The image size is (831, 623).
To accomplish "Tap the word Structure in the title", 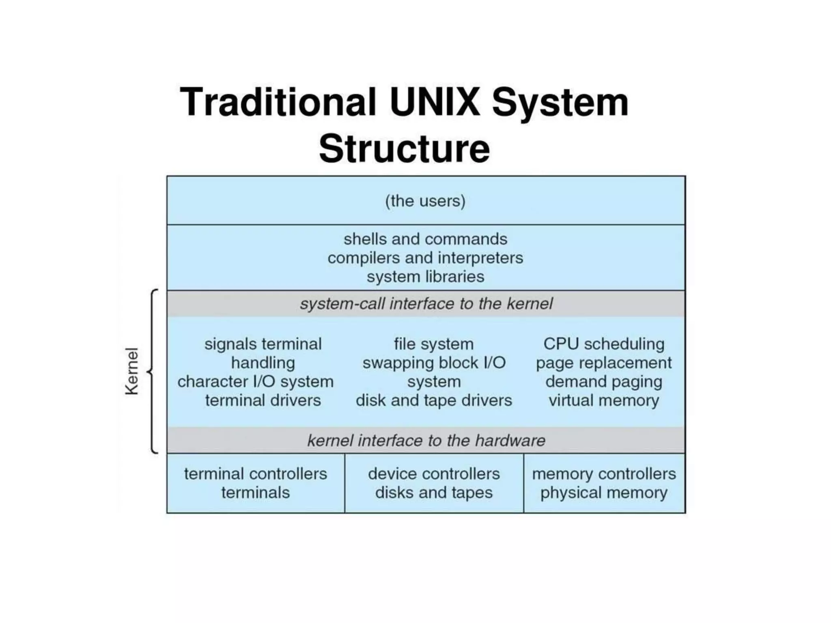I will point(404,148).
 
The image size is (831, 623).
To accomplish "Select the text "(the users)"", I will point(425,201).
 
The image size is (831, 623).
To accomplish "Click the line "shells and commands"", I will point(425,239).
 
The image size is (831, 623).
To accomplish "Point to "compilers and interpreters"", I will point(425,258).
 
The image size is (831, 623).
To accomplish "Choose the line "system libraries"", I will point(425,277).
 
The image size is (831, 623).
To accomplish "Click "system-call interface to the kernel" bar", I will point(426,304).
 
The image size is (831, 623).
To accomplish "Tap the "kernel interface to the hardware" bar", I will point(426,440).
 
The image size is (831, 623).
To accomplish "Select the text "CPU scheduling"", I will point(604,344).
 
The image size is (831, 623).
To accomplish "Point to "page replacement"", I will point(604,363).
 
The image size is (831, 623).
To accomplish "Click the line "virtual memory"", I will point(604,401).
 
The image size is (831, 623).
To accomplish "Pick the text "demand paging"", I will point(604,382).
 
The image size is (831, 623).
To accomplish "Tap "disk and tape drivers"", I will point(434,401).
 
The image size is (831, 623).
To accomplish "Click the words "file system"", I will point(434,344).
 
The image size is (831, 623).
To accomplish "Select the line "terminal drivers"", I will point(263,401).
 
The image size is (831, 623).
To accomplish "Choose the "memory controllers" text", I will point(604,474).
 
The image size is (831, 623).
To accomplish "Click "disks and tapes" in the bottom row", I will point(434,493).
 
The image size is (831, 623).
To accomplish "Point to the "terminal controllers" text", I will point(256,474).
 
